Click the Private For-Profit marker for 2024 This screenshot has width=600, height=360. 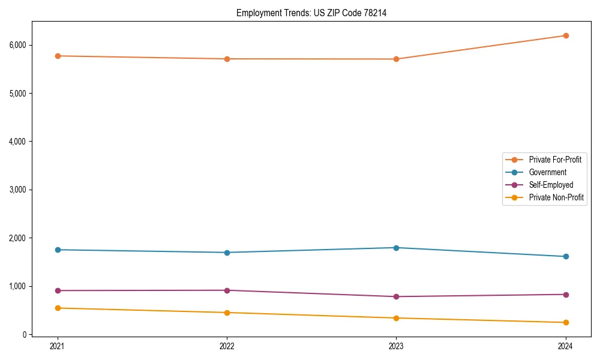(565, 35)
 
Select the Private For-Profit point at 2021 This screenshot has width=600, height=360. (58, 56)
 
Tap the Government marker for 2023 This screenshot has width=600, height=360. (396, 248)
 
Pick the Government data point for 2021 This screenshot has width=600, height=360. (58, 250)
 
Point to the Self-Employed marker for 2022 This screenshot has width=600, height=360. (227, 290)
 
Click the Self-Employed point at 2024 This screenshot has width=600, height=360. (565, 295)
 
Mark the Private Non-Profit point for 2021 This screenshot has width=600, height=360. (58, 308)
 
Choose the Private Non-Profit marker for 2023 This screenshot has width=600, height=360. (396, 318)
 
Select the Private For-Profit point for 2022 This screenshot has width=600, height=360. (227, 59)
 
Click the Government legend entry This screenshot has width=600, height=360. (547, 172)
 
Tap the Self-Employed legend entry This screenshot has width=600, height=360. (551, 185)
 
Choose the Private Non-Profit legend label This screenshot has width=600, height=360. (556, 197)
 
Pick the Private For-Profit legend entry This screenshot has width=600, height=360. (555, 160)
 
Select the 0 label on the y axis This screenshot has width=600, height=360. (25, 335)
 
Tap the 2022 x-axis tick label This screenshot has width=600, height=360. (227, 346)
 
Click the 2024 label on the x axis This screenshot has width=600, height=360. (565, 346)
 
